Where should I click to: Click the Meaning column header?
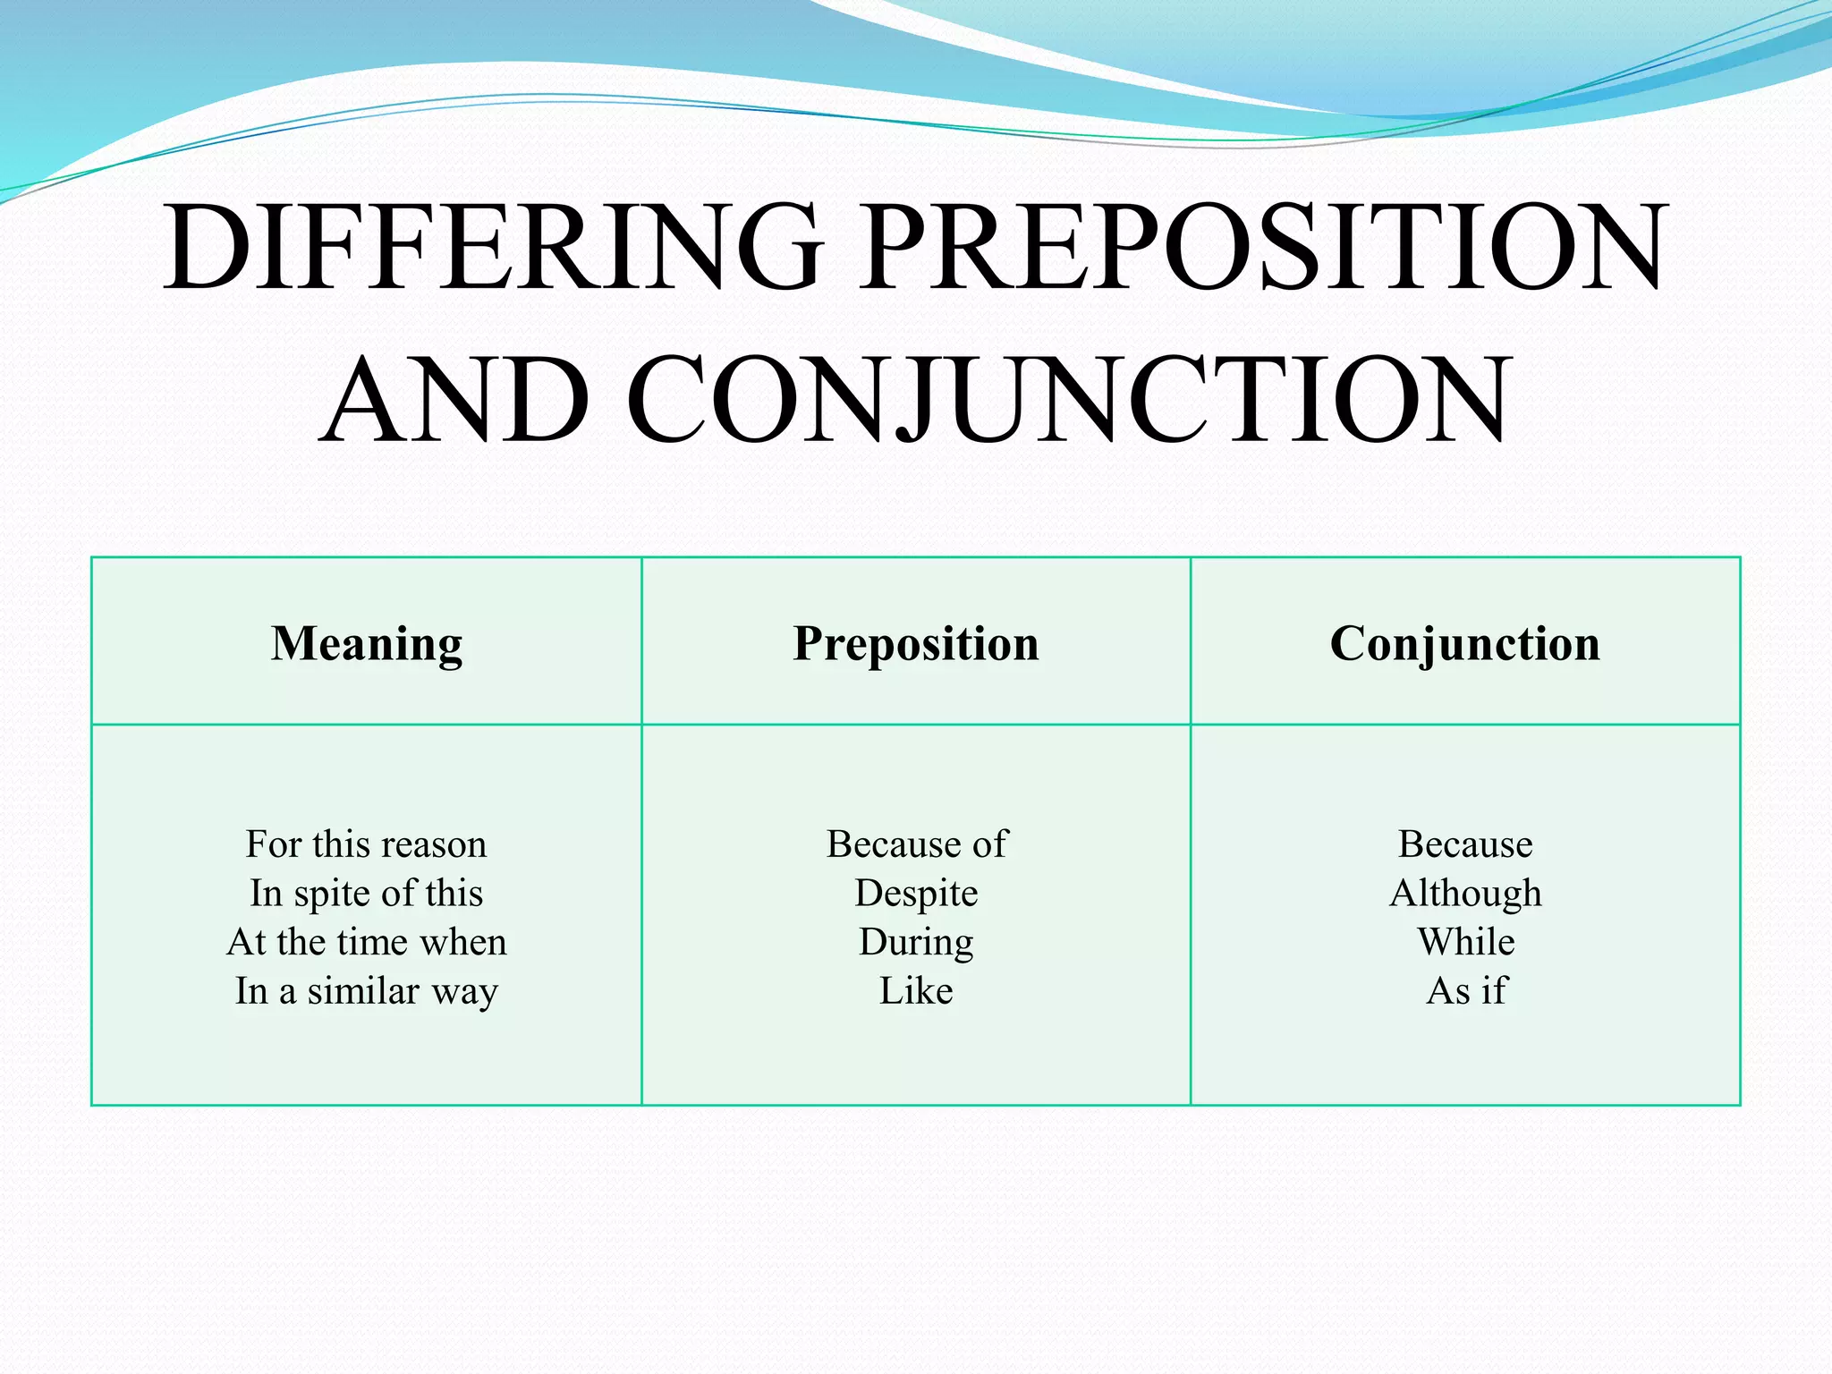[367, 643]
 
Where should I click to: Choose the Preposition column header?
[916, 643]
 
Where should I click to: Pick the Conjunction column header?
[1465, 643]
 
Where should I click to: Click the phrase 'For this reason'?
[367, 844]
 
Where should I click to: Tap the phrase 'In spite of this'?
[367, 893]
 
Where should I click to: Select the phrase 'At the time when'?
[367, 942]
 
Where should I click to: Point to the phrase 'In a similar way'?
[367, 991]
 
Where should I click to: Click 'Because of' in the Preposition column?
[916, 844]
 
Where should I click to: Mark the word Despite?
[916, 893]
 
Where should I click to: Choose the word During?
[916, 942]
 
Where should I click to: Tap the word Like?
[916, 991]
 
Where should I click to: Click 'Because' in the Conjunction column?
[1465, 844]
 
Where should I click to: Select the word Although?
[1465, 893]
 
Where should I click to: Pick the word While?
[1465, 942]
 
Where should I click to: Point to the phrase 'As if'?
[1465, 991]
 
